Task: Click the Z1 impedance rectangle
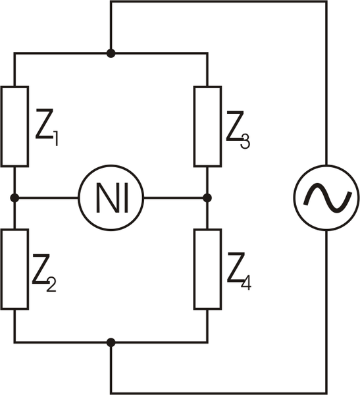pyautogui.click(x=14, y=126)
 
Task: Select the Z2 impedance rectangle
pyautogui.click(x=14, y=269)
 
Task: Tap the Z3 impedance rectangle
pyautogui.click(x=207, y=126)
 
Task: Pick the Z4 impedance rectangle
pyautogui.click(x=207, y=269)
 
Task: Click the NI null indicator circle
pyautogui.click(x=111, y=197)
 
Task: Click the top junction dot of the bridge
pyautogui.click(x=111, y=53)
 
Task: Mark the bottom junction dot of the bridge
pyautogui.click(x=111, y=342)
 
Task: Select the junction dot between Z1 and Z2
pyautogui.click(x=14, y=197)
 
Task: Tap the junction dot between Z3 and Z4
pyautogui.click(x=207, y=197)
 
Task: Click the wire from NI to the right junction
pyautogui.click(x=174, y=197)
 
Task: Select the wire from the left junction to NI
pyautogui.click(x=46, y=197)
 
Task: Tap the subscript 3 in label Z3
pyautogui.click(x=245, y=140)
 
